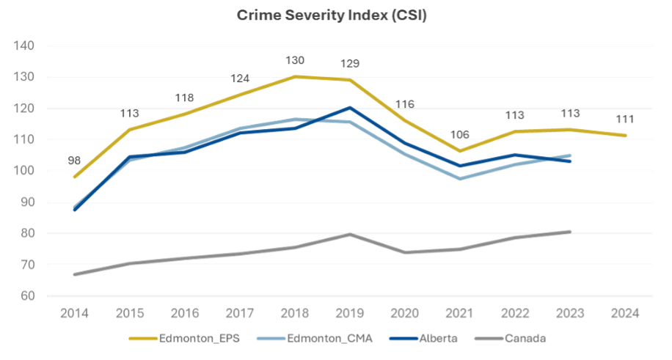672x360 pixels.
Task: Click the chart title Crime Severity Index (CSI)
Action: click(x=332, y=16)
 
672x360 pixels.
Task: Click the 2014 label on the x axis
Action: click(x=75, y=313)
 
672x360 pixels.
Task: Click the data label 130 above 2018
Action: click(x=295, y=61)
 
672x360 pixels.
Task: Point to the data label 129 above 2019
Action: click(x=351, y=65)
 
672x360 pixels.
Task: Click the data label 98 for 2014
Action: click(x=75, y=160)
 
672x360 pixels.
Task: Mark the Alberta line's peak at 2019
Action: click(x=351, y=108)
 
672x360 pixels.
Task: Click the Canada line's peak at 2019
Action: click(x=351, y=235)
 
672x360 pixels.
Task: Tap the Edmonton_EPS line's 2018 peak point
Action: click(x=295, y=76)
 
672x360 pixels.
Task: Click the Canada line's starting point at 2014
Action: click(x=75, y=274)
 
